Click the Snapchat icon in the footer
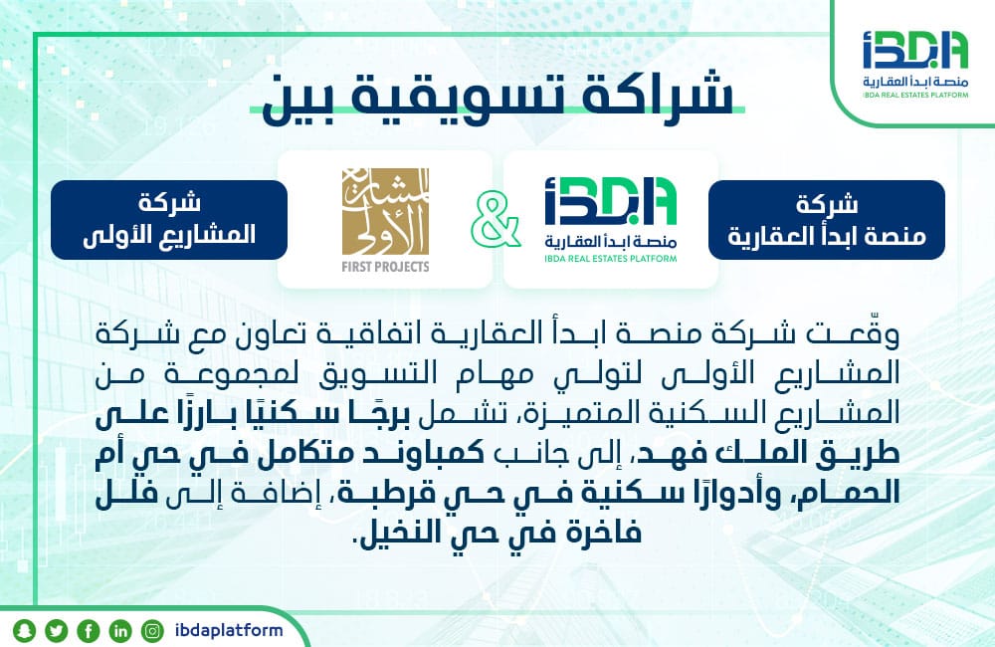point(24,630)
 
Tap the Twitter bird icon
point(57,630)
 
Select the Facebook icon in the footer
point(89,630)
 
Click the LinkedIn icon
point(120,630)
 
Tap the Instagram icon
point(152,630)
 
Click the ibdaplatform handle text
point(229,630)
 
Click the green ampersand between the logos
point(496,220)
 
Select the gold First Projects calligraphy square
point(385,211)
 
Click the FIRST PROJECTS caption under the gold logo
point(385,267)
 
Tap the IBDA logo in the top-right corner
point(915,64)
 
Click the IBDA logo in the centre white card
point(611,219)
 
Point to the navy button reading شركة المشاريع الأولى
point(169,220)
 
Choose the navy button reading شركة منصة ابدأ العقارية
point(826,220)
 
